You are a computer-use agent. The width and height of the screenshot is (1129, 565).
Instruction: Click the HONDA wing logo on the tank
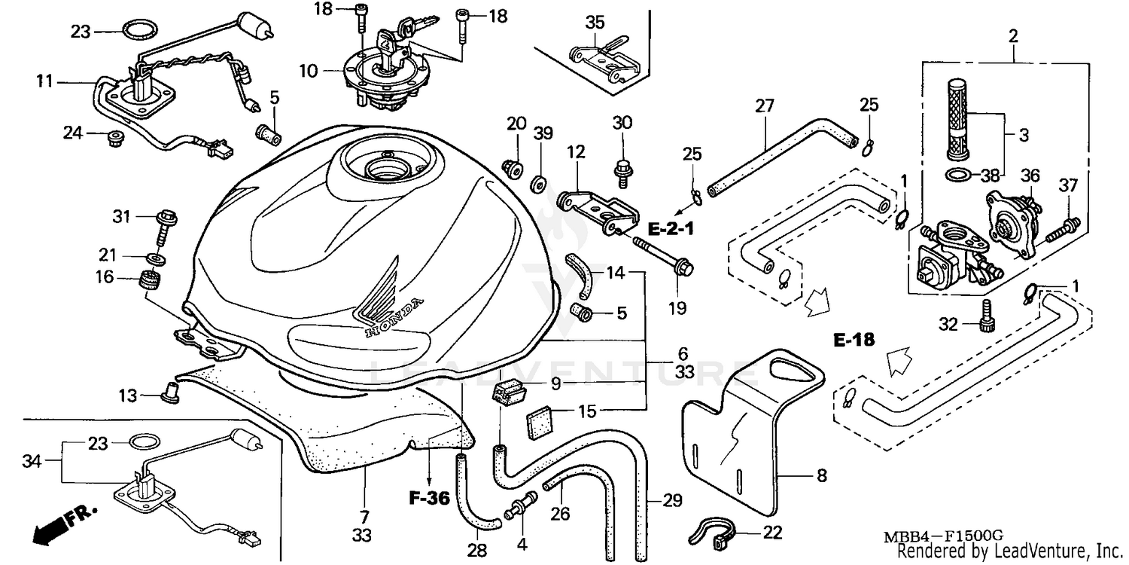pos(384,301)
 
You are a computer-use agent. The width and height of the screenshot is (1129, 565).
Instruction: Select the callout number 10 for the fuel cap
pos(308,72)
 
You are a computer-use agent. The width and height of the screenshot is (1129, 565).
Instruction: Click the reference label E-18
pos(854,341)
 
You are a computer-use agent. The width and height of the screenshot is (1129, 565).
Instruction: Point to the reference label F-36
pos(428,498)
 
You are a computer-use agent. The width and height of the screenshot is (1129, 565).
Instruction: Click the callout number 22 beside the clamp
pos(772,533)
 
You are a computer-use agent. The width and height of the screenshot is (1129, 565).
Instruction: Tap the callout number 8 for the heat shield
pos(821,476)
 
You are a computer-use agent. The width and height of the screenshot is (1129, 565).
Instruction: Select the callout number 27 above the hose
pos(764,107)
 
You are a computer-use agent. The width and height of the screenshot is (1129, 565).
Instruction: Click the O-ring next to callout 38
pos(957,176)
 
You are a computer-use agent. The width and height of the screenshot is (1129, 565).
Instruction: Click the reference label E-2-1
pos(670,225)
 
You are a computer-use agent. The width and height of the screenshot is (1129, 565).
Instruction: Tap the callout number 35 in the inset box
pos(595,22)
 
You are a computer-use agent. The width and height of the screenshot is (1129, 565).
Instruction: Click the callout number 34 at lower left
pos(32,459)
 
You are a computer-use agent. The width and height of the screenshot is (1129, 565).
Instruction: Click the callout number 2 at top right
pos(1013,35)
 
